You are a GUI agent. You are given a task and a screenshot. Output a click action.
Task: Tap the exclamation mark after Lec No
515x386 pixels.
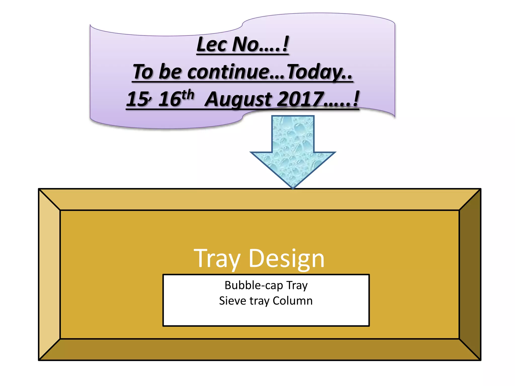tap(285, 44)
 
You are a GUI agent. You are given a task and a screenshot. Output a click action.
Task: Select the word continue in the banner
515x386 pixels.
tap(228, 72)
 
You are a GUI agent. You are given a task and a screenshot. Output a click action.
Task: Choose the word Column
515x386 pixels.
tap(292, 301)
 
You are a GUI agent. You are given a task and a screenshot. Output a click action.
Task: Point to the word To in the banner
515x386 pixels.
tap(143, 72)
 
